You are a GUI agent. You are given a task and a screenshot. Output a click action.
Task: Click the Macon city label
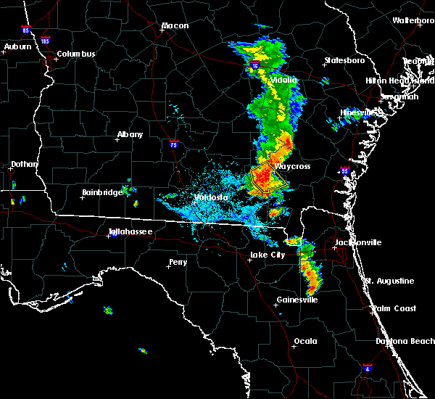pyautogui.click(x=175, y=26)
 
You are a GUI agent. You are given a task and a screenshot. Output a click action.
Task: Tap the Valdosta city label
pyautogui.click(x=211, y=197)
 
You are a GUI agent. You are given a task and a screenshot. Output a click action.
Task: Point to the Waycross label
pyautogui.click(x=292, y=166)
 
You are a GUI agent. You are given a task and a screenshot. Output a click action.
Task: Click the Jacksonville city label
pyautogui.click(x=357, y=242)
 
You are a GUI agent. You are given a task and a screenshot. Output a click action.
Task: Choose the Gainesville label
pyautogui.click(x=297, y=300)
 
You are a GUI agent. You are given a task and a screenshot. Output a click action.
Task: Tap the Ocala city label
pyautogui.click(x=306, y=341)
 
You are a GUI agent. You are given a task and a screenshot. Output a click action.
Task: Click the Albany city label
pyautogui.click(x=130, y=135)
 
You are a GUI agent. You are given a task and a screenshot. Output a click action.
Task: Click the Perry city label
pyautogui.click(x=178, y=262)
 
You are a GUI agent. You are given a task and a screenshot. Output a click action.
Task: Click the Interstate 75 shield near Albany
pyautogui.click(x=174, y=144)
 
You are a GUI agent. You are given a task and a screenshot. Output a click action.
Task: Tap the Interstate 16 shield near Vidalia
pyautogui.click(x=254, y=66)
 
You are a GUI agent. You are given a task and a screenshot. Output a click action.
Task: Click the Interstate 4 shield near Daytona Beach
pyautogui.click(x=368, y=369)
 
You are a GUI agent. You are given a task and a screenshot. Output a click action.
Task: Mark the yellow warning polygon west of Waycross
pyautogui.click(x=262, y=178)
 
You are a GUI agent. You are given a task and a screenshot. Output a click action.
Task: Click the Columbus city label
pyautogui.click(x=76, y=54)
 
